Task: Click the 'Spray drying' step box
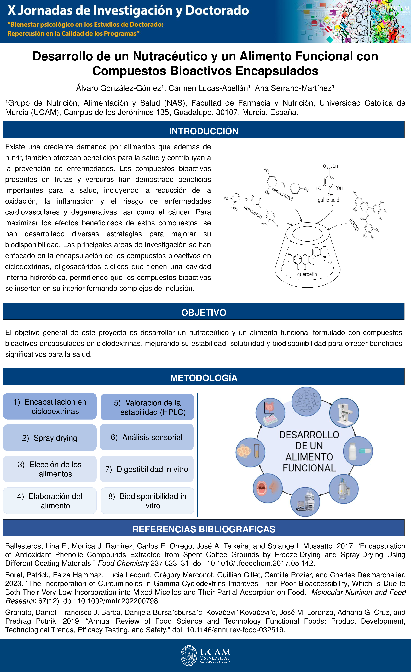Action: point(50,438)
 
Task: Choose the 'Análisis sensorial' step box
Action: point(147,437)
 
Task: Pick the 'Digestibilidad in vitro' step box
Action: point(147,469)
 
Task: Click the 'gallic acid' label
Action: point(328,200)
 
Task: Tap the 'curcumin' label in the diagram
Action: point(253,212)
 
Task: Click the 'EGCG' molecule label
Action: point(354,225)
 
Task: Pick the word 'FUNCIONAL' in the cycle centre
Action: point(309,468)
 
